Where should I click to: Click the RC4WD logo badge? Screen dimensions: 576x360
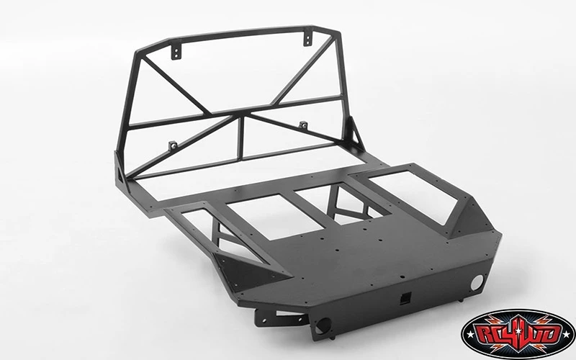518,334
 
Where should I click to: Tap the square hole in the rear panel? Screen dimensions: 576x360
405,298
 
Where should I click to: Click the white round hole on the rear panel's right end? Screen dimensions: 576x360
477,282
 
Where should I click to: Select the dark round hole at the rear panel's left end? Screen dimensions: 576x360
323,325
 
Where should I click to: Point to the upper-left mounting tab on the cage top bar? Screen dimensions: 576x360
176,52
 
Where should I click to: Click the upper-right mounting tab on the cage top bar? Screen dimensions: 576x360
308,39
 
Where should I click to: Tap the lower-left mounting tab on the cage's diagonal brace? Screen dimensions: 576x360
173,146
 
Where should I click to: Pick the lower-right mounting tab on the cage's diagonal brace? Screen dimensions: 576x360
303,125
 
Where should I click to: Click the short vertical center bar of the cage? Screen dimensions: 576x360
241,138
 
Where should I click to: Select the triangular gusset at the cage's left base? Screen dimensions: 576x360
120,170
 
